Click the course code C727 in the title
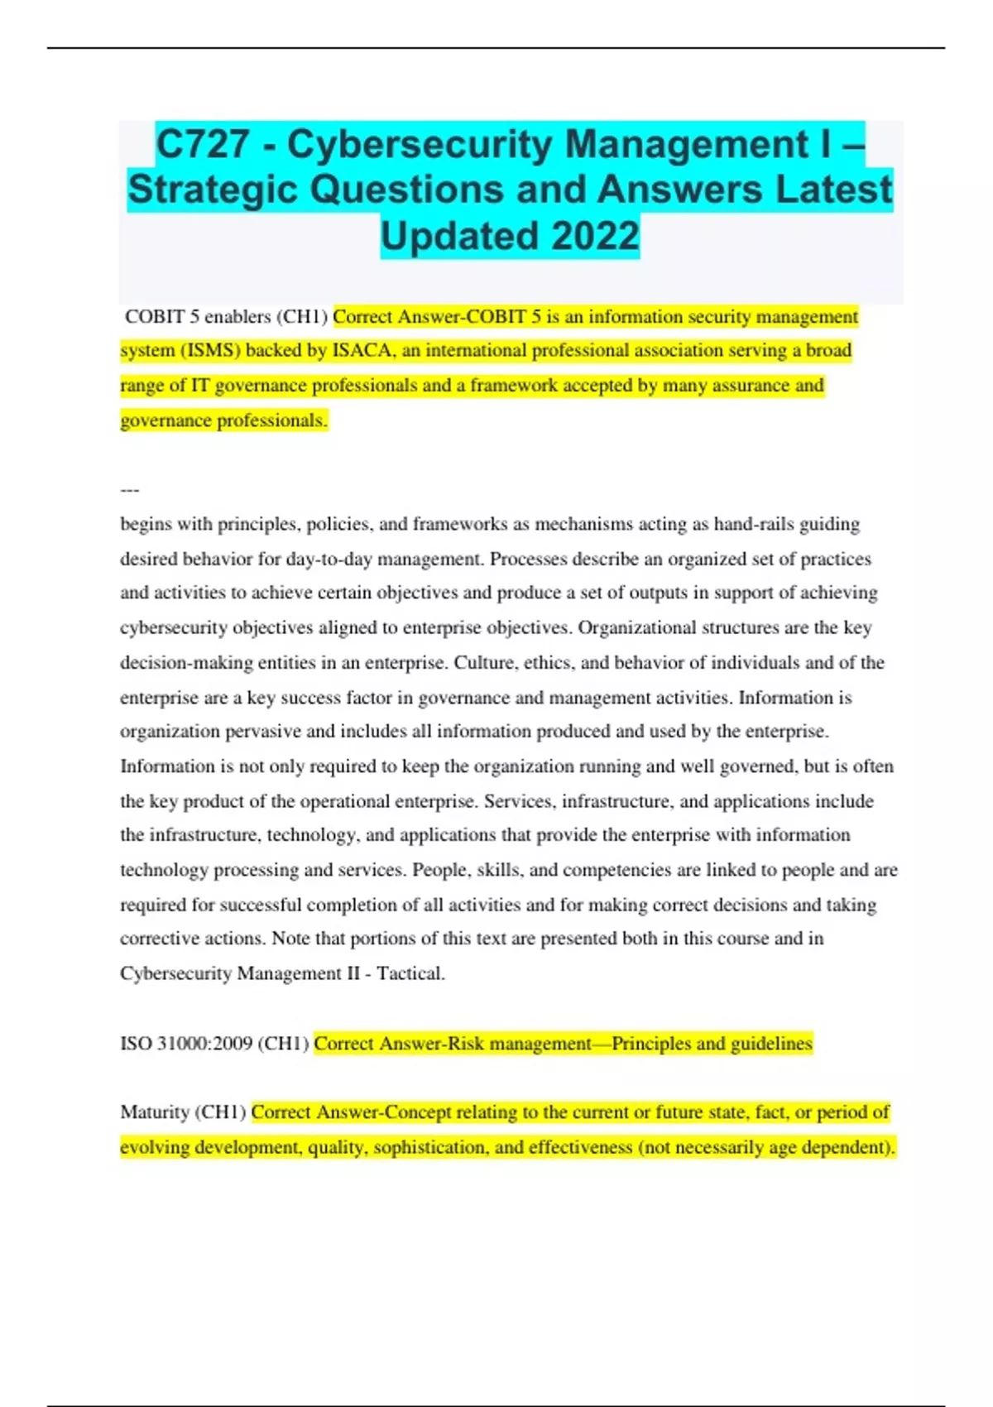[x=203, y=145]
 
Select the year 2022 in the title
[x=595, y=236]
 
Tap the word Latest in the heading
[x=834, y=190]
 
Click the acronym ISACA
[x=362, y=351]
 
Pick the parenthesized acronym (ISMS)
[x=210, y=351]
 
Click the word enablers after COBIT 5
[x=237, y=317]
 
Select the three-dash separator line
[x=130, y=490]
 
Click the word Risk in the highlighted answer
[x=466, y=1044]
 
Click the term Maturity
[x=155, y=1112]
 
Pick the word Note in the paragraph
[x=290, y=939]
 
